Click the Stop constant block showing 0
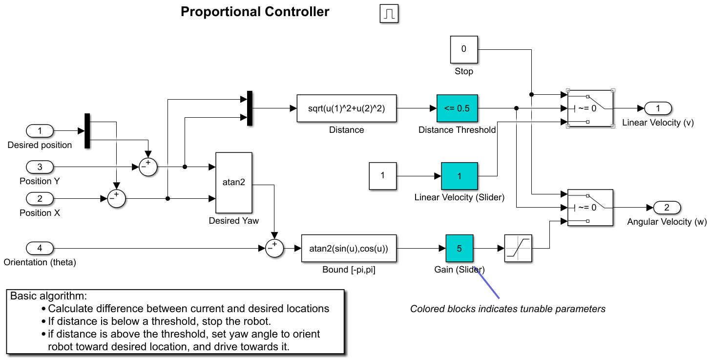463,49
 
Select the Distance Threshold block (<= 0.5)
457,108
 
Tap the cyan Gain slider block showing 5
459,248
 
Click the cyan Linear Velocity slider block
459,176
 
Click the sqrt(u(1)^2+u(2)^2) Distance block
347,108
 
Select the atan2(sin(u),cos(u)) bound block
349,248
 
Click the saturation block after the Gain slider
518,248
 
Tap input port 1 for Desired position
40,131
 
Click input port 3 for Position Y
40,167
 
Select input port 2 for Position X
40,199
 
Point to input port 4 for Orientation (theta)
40,248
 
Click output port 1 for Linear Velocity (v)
658,108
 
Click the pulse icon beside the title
389,14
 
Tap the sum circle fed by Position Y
148,167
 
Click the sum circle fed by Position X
116,199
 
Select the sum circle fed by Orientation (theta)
274,248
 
